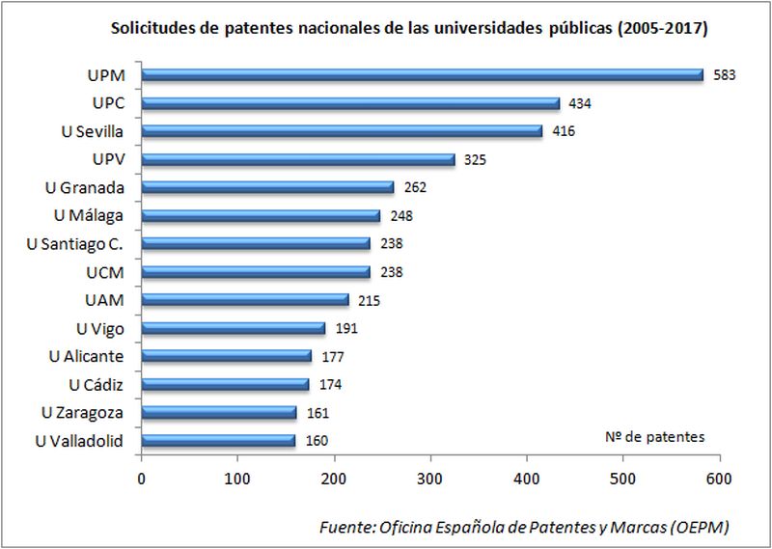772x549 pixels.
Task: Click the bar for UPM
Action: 423,74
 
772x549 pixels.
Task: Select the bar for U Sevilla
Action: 342,131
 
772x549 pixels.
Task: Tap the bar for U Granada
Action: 267,187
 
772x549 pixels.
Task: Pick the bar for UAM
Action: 245,300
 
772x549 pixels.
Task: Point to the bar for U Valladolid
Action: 218,441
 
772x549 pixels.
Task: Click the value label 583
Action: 725,74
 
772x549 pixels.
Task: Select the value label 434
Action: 579,103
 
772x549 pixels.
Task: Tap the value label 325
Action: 475,159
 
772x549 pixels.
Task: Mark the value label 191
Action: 345,328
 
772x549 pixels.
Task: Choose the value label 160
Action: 316,441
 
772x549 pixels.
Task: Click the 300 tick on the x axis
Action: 430,478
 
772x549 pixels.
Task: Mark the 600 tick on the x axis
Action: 719,478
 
